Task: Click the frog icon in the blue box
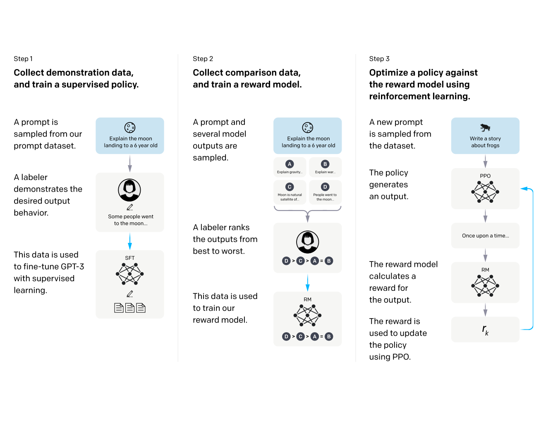485,127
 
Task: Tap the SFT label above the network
129,258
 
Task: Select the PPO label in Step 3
485,176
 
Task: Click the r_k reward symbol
485,330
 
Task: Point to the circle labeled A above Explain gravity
290,164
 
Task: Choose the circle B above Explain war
325,164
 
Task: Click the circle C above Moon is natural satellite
290,187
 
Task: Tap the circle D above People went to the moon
325,187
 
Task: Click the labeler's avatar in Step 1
129,190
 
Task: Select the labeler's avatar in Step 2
308,242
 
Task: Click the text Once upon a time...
485,236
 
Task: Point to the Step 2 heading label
203,59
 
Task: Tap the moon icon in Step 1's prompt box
130,128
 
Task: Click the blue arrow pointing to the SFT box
129,241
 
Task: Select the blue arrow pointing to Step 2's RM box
308,283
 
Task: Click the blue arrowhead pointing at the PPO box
524,189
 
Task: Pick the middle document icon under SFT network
129,308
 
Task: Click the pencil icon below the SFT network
129,294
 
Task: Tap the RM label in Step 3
485,270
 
